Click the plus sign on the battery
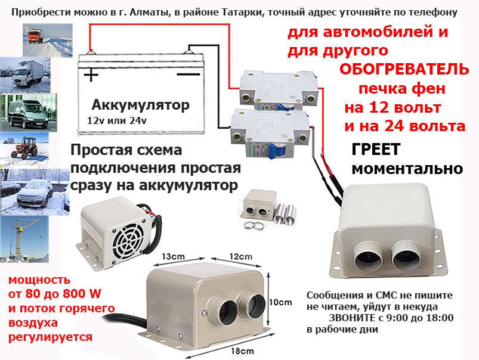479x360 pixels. tap(91, 74)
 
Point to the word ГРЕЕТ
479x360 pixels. tap(376, 149)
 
